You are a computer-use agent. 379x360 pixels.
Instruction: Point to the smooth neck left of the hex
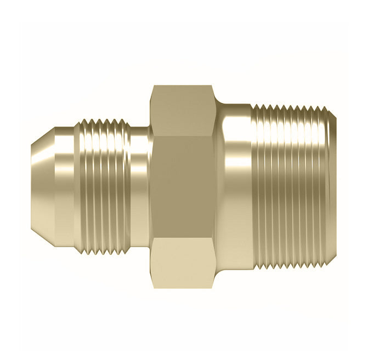(x=140, y=186)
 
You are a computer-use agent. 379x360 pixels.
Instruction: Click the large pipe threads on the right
(x=291, y=186)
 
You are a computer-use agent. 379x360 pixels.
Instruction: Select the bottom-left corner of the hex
(x=153, y=285)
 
